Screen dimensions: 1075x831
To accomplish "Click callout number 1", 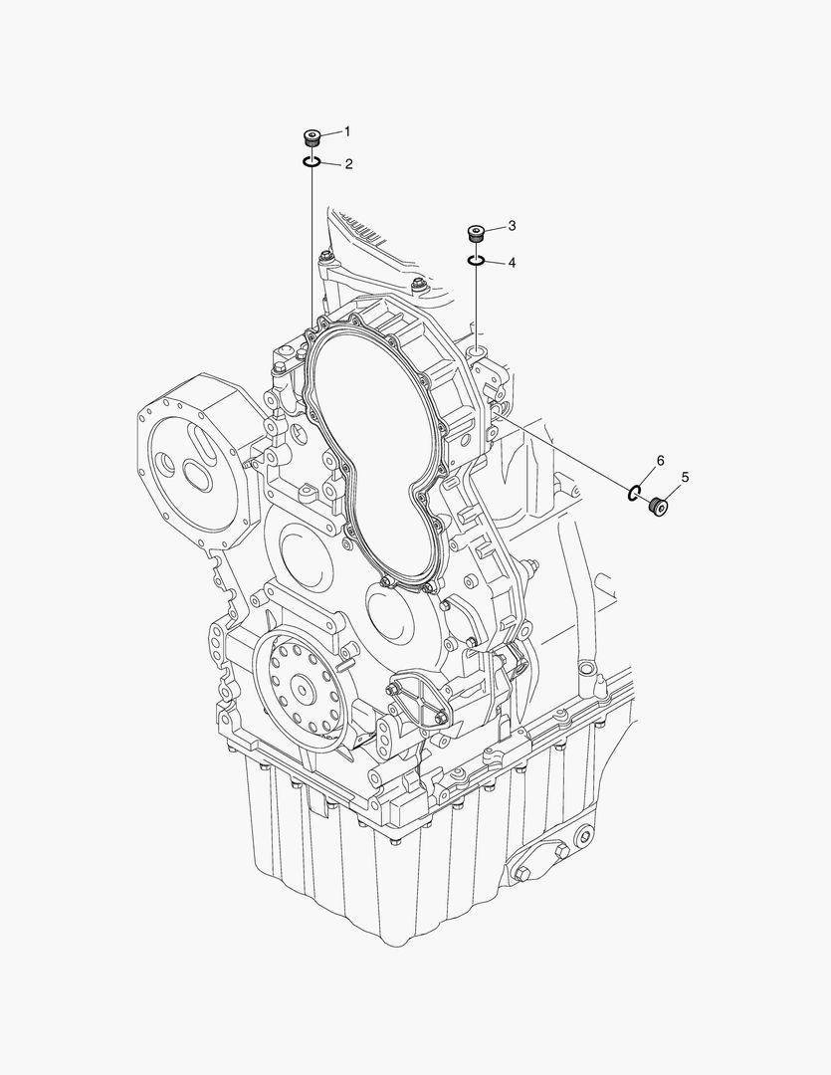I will tap(347, 130).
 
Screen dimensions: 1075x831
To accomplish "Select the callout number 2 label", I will tap(347, 164).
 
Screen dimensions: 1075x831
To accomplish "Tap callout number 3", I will tap(512, 227).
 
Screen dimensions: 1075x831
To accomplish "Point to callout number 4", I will tap(512, 263).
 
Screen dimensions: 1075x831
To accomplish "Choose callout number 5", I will tap(685, 477).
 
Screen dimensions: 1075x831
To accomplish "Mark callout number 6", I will tap(659, 460).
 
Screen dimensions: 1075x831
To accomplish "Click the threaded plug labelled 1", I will tap(312, 137).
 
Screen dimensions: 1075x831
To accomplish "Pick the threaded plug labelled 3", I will tap(477, 235).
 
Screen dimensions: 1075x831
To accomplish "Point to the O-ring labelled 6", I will tap(634, 491).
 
